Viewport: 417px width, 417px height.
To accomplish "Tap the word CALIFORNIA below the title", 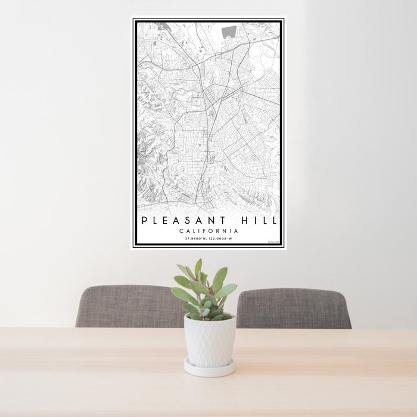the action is pos(208,231).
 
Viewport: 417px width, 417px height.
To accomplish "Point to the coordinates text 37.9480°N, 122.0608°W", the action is pos(208,239).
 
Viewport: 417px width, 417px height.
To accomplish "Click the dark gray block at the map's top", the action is pos(229,32).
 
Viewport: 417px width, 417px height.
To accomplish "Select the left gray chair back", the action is pos(128,307).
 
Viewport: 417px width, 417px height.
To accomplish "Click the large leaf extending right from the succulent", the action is pos(227,290).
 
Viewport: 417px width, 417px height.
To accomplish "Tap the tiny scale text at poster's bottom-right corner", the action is pos(273,242).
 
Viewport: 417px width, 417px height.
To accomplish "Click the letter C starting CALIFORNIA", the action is pos(181,231).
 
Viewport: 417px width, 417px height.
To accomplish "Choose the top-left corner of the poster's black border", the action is pos(135,20).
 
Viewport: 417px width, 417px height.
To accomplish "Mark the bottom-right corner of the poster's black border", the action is pos(282,245).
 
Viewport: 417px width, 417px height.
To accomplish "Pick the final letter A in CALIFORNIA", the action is pos(236,231).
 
